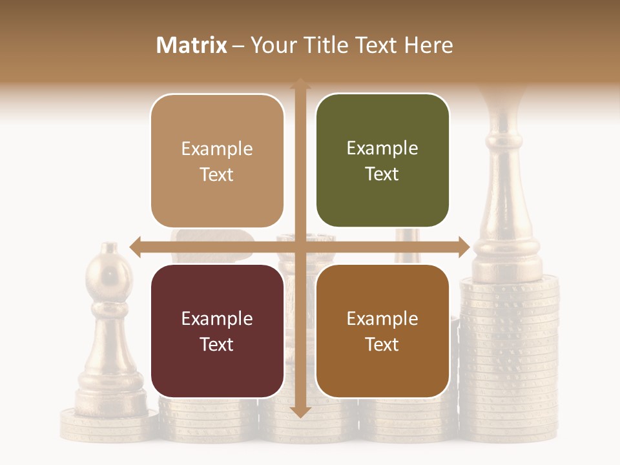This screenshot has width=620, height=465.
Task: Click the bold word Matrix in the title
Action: (x=192, y=45)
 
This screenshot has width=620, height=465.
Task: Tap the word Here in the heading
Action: (x=429, y=45)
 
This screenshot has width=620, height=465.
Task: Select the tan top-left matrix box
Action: (x=217, y=161)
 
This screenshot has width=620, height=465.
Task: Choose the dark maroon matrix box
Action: (x=217, y=331)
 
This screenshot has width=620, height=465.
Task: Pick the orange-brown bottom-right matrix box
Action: (x=382, y=331)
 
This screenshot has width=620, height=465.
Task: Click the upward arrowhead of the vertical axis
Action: (x=300, y=85)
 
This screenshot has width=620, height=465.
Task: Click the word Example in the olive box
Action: (x=382, y=149)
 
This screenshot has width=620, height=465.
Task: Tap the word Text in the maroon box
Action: (x=217, y=344)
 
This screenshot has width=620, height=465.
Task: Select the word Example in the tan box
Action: (x=217, y=149)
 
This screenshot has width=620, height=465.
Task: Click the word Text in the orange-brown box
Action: (x=382, y=344)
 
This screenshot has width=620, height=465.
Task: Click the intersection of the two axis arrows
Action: (x=300, y=246)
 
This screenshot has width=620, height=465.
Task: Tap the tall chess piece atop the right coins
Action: (x=506, y=194)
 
